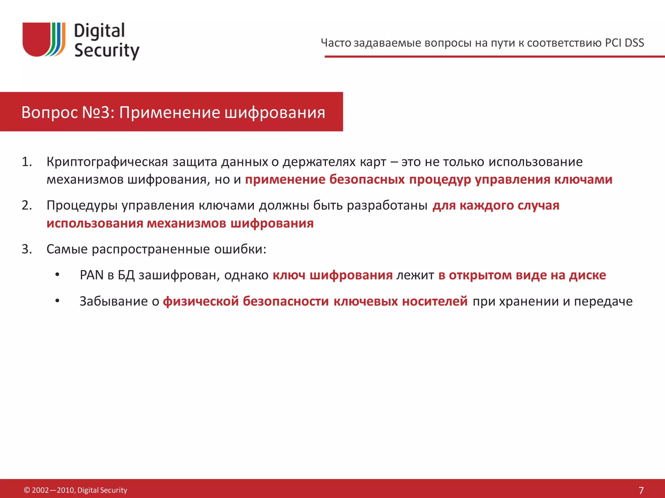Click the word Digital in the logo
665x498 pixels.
(x=99, y=31)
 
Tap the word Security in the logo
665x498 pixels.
(x=107, y=51)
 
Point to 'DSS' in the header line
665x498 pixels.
(x=634, y=43)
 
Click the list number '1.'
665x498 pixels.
(x=27, y=162)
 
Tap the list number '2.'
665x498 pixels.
(x=27, y=205)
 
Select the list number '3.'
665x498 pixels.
(x=27, y=249)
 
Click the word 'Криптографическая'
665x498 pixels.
(x=107, y=162)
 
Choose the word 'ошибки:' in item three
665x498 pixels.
(x=240, y=249)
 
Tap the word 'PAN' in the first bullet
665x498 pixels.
(x=92, y=275)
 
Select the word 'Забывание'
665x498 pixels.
(x=114, y=301)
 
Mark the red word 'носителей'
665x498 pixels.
(x=435, y=301)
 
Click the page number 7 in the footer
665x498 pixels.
(x=641, y=490)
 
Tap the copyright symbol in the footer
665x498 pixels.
(x=27, y=490)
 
